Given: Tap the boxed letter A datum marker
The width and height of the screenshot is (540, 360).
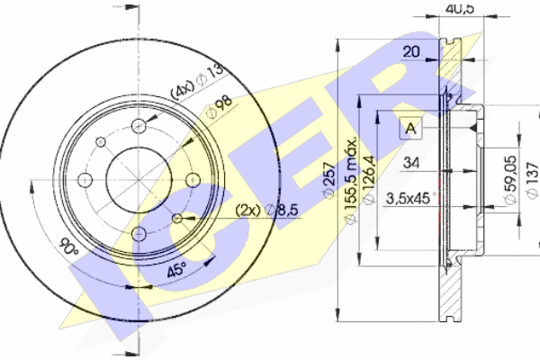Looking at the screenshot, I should point(411,127).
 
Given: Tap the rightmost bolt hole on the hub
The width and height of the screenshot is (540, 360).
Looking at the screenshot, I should point(193,179).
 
